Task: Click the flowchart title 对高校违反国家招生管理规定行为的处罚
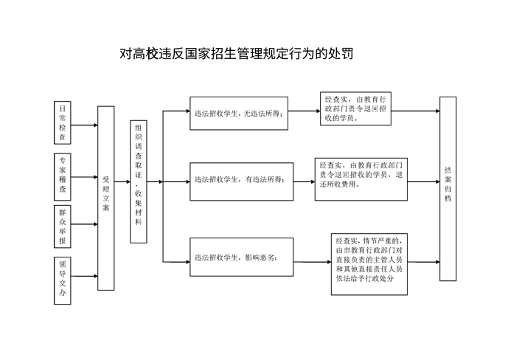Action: coord(236,53)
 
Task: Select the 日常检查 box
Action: coord(62,122)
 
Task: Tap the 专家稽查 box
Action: coord(62,177)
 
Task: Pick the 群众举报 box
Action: coord(62,226)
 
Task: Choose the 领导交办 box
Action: coord(62,280)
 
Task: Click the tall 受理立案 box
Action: coord(106,198)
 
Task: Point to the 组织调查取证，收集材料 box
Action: coord(139,181)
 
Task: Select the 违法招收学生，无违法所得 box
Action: coord(239,114)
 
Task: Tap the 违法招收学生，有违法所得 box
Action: coord(241,181)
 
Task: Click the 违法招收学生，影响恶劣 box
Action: coord(241,257)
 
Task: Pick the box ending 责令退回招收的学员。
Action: coord(355,108)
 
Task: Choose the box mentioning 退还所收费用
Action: coord(361,179)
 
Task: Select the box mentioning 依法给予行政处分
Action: coord(369,264)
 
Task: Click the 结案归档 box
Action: coord(448,189)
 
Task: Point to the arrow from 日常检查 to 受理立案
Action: coord(84,125)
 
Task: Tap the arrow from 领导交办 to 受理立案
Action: coord(84,276)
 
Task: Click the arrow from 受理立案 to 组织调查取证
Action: coord(122,181)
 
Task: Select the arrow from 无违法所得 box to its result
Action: coord(305,111)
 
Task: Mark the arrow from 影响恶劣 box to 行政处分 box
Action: coord(313,262)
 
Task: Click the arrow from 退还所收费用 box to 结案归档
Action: coord(423,181)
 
